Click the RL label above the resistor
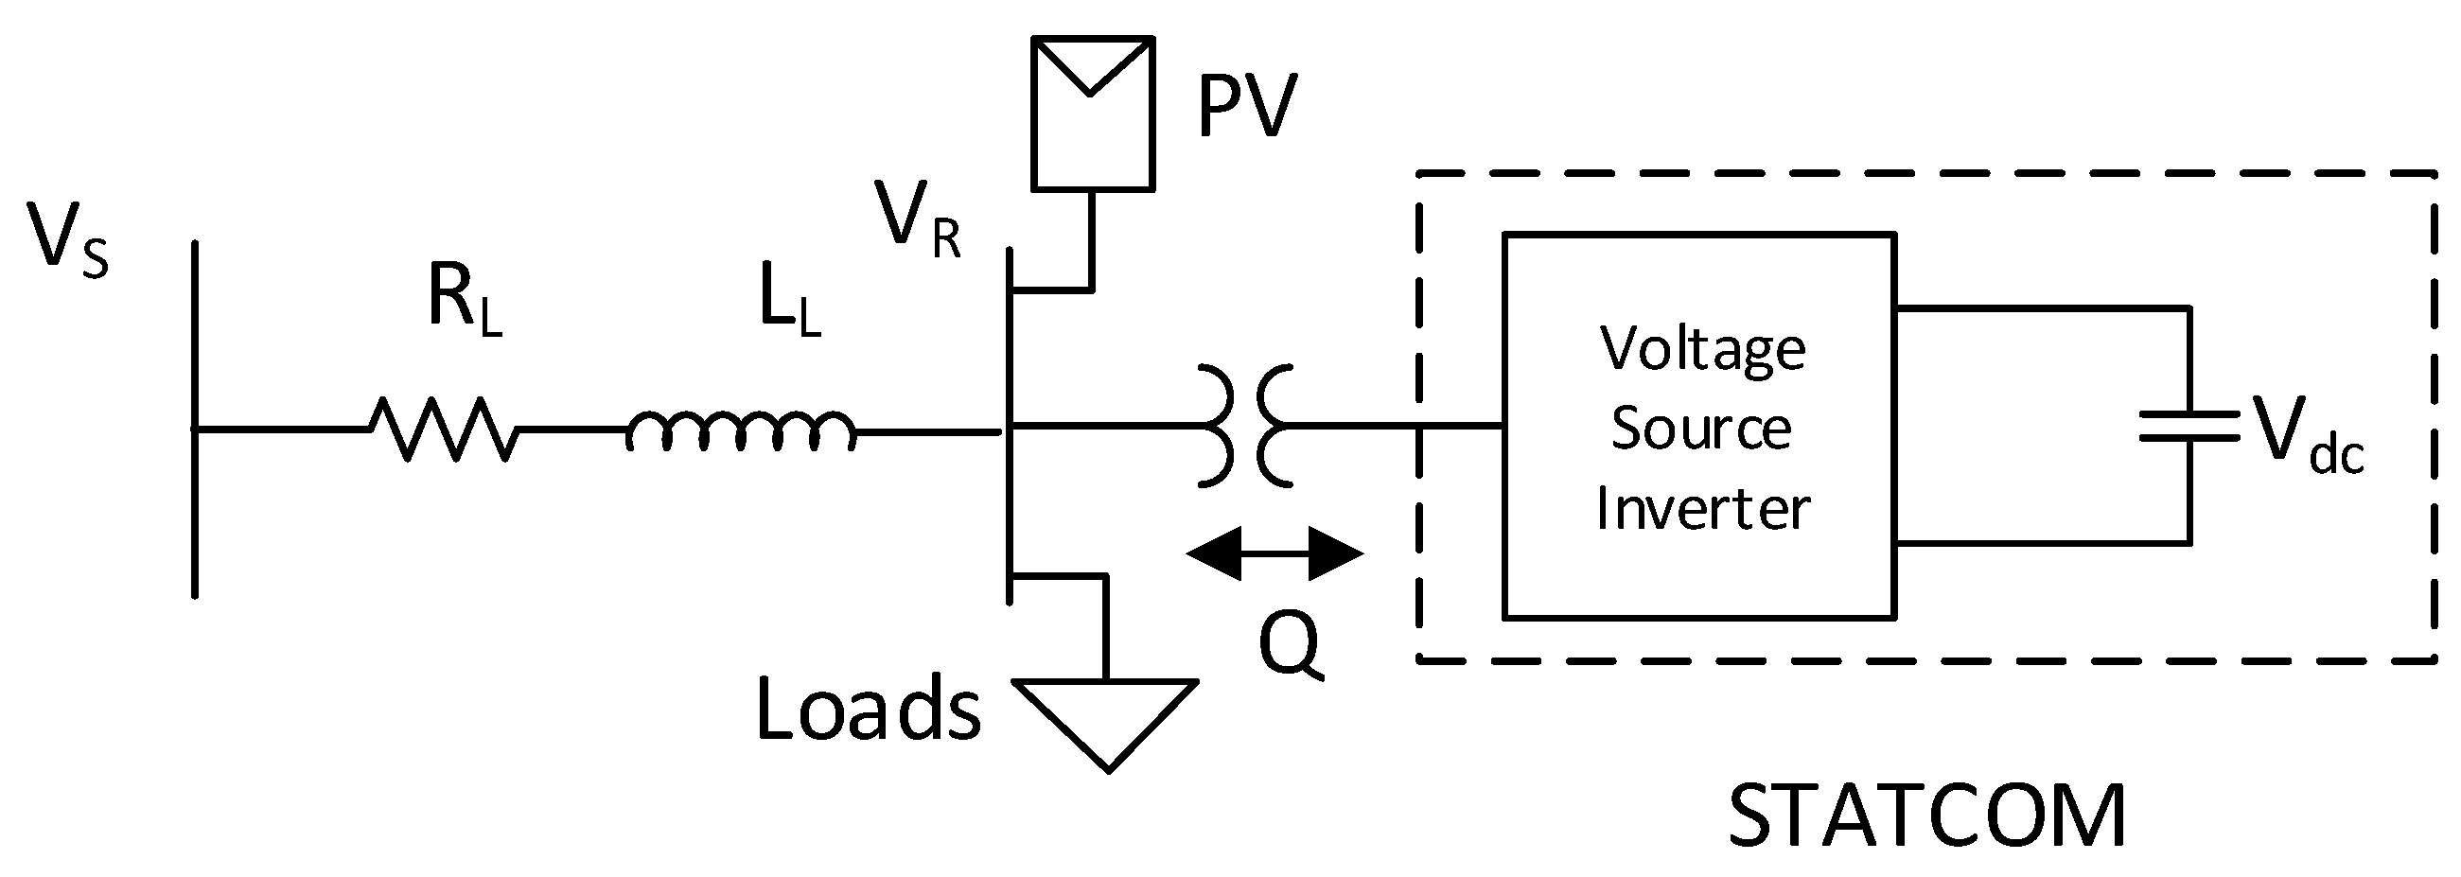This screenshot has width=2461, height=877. pos(465,300)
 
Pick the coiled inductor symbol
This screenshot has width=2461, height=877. pos(741,431)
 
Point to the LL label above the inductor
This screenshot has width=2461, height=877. pos(789,300)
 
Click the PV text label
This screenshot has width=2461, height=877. pos(1246,107)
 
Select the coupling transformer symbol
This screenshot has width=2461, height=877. pos(1245,426)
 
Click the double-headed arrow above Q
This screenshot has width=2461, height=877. pos(1274,553)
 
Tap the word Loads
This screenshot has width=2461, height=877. pos(868,709)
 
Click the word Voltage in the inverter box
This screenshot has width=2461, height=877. pos(1702,351)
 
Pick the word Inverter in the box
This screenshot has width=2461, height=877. pos(1702,507)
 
